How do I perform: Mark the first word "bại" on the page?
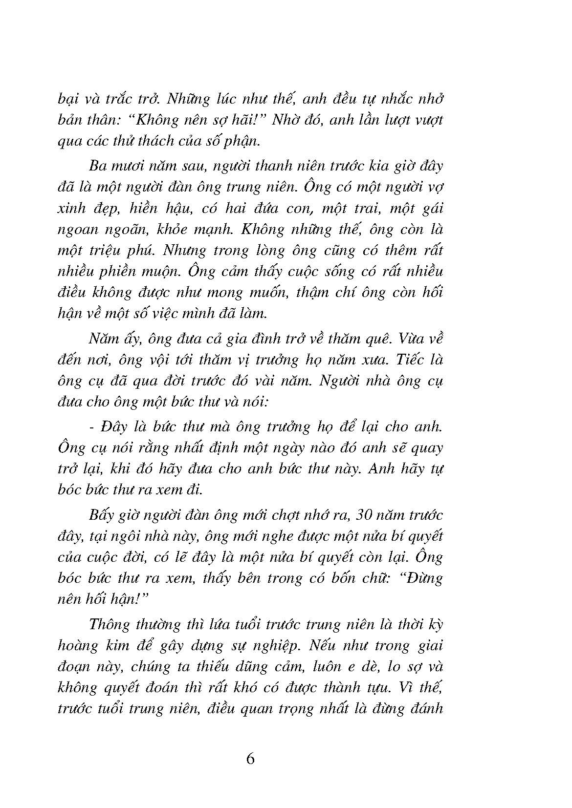tap(67, 99)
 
